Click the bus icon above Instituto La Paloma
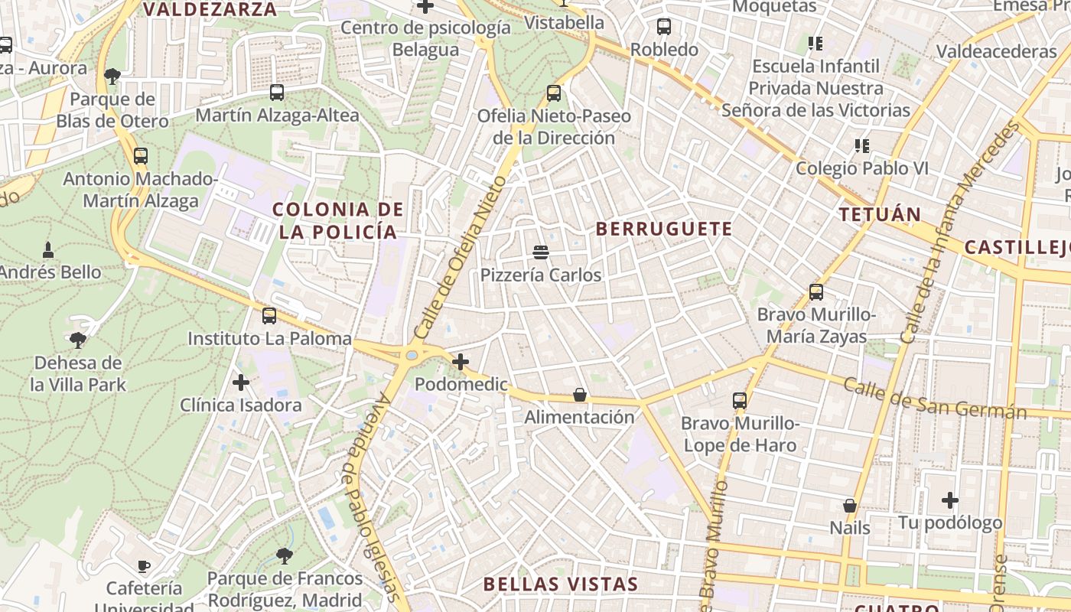269,315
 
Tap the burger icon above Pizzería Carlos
541,252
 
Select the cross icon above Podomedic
461,362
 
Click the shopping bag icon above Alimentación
580,395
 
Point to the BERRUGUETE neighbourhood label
664,229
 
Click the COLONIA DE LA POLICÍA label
338,220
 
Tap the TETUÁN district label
880,214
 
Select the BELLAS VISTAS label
561,584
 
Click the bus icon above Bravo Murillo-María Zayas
816,291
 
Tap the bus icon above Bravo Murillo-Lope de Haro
739,400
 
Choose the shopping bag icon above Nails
849,506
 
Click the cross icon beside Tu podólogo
950,500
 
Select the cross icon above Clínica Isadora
241,382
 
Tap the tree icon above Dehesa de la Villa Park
77,340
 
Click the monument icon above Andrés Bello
48,249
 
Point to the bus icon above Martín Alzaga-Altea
277,93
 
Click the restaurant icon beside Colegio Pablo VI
862,145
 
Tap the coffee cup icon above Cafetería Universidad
143,566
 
